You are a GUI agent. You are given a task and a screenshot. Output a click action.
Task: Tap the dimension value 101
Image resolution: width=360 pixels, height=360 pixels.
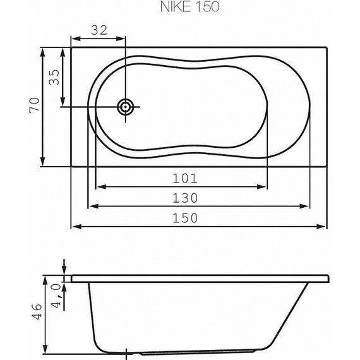pyautogui.click(x=181, y=178)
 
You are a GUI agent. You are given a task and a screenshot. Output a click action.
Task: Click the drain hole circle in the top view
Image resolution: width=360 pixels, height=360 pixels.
pyautogui.click(x=126, y=107)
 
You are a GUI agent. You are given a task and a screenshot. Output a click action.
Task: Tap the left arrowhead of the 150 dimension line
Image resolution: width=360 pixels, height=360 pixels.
pyautogui.click(x=73, y=226)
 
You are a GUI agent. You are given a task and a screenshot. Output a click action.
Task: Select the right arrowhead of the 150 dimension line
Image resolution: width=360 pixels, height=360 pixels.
pyautogui.click(x=323, y=226)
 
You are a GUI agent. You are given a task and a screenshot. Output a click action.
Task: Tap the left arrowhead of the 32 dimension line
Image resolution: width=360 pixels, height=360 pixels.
pyautogui.click(x=73, y=37)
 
